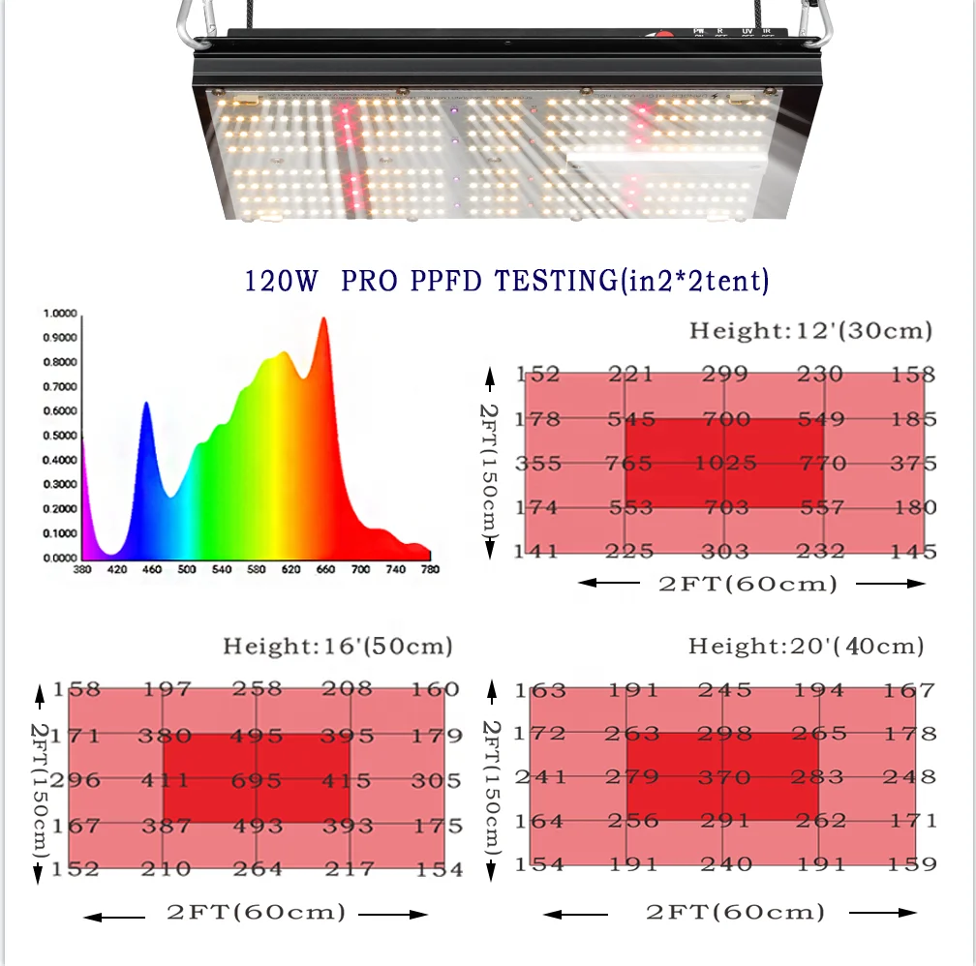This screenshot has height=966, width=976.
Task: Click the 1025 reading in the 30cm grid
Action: [x=725, y=464]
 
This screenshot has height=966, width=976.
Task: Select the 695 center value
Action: [x=257, y=781]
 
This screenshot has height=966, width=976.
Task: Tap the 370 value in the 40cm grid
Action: [x=725, y=777]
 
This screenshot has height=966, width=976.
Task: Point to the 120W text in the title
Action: [x=281, y=282]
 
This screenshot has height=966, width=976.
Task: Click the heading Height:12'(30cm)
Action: [x=810, y=331]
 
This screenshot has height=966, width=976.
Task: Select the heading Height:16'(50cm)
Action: [x=338, y=646]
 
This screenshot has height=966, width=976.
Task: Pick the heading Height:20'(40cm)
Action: [x=806, y=646]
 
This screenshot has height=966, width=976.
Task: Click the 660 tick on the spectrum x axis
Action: [x=325, y=570]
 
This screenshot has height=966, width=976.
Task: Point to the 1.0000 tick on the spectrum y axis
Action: [x=60, y=314]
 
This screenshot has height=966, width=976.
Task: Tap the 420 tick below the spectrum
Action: [x=117, y=570]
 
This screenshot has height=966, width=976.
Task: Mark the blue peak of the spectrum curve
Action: [x=146, y=405]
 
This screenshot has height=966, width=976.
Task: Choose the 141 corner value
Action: [x=537, y=552]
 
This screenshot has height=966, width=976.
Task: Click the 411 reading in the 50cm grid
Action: [x=165, y=781]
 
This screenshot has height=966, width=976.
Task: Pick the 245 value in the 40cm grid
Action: [x=725, y=690]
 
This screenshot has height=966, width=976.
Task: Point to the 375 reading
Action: [x=913, y=464]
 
